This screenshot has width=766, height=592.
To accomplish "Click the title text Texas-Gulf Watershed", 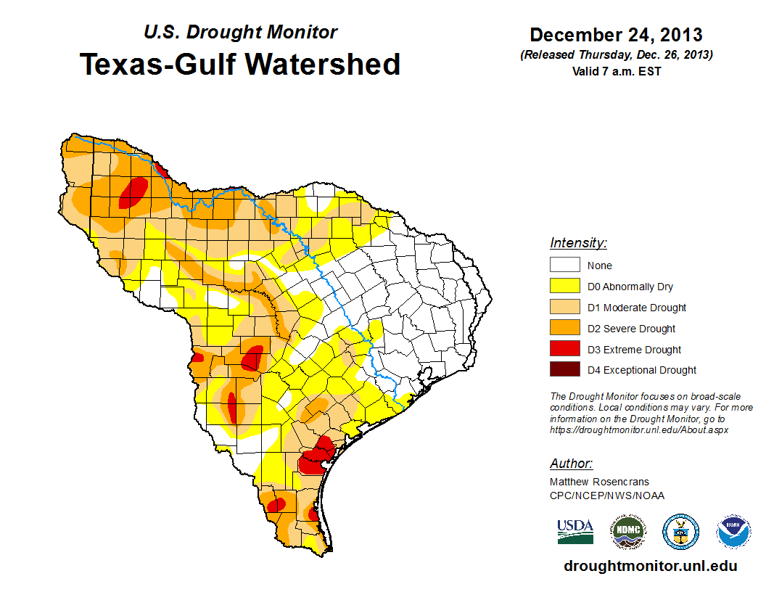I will point(240,64).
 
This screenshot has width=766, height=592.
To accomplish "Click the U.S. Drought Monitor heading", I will point(240,32).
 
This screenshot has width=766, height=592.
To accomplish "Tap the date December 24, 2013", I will point(616,34).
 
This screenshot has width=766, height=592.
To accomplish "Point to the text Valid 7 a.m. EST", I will point(616,70).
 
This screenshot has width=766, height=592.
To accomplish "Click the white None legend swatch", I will point(564,266).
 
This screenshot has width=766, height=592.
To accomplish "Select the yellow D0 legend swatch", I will point(564,287).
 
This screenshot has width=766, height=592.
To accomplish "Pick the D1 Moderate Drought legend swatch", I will point(564,308).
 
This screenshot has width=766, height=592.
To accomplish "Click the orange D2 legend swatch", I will point(564,329).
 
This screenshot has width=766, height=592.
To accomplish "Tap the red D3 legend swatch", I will point(564,349).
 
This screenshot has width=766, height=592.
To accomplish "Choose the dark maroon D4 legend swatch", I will point(564,370).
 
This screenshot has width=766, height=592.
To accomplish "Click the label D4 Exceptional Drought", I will point(642,370).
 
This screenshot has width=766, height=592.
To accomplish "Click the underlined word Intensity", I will point(578,243).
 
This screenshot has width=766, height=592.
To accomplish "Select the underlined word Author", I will point(571,464).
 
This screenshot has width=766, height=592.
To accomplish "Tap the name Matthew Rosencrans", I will point(599,482).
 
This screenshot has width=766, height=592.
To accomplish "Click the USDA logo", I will point(575,531).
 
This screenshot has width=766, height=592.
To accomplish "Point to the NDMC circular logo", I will point(627,532).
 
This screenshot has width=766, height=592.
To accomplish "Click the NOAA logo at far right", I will point(734,532).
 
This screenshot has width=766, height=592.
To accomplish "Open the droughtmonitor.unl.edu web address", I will point(651,567).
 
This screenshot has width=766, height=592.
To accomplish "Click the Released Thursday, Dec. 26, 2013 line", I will point(616,55).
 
